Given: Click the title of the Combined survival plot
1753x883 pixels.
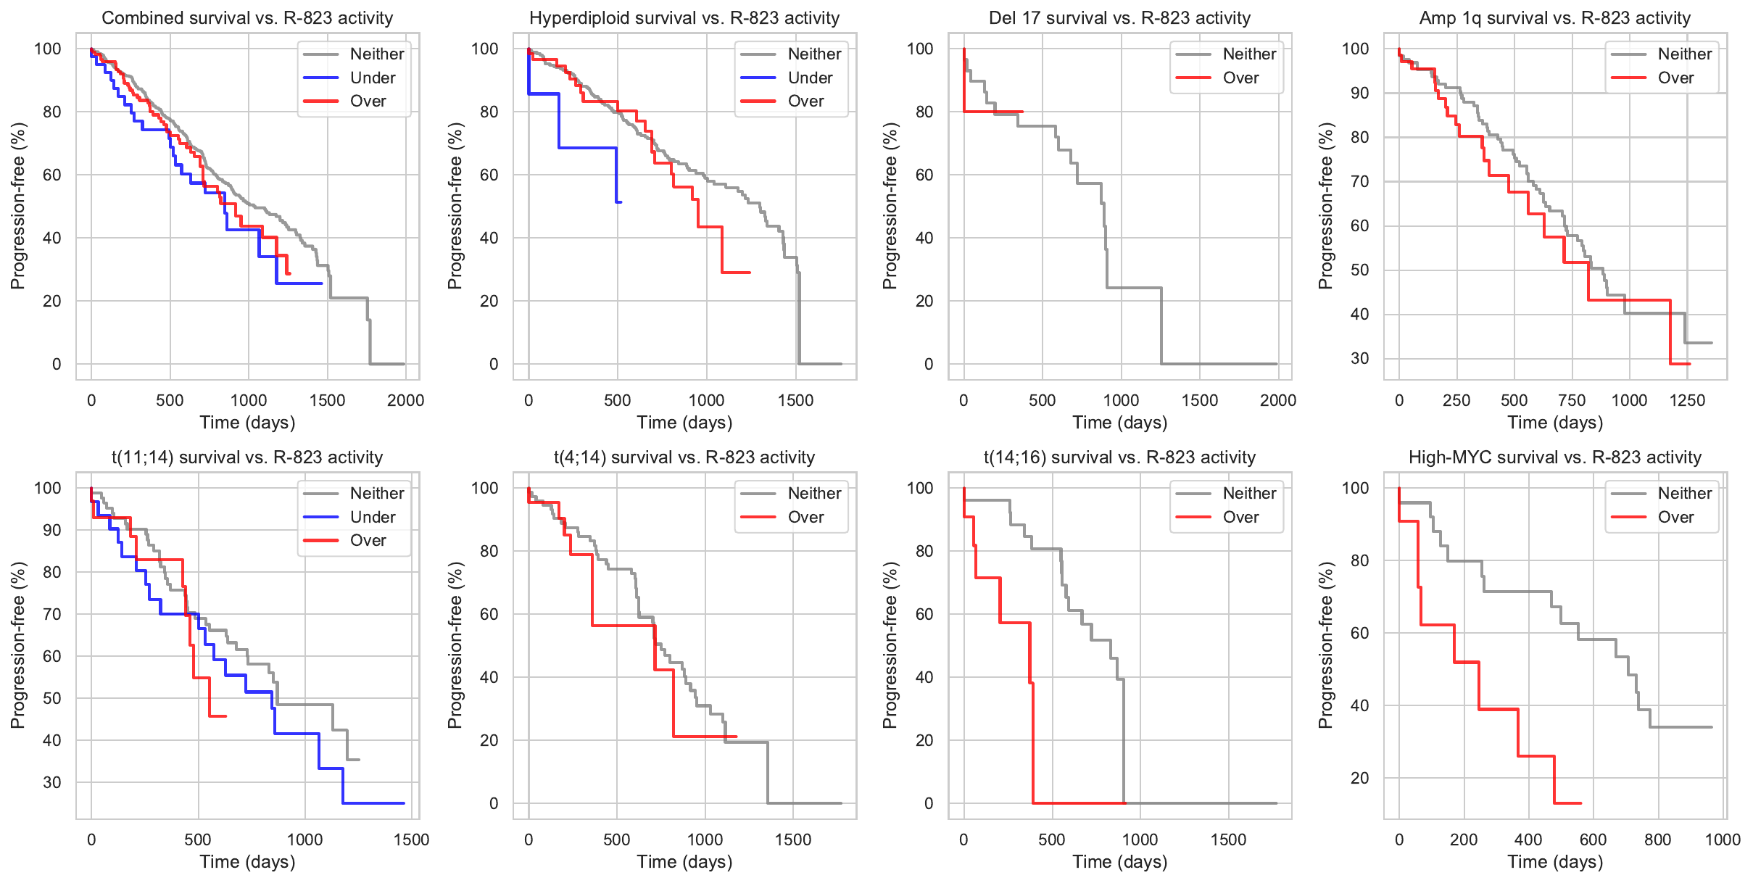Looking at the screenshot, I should (x=247, y=18).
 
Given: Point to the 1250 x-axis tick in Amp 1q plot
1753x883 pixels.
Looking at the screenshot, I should (x=1687, y=400).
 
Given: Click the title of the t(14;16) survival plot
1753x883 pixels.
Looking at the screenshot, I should (x=1119, y=457).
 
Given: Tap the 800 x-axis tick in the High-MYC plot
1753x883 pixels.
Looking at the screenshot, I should (x=1657, y=840).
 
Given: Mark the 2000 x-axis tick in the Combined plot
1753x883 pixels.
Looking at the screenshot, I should (x=405, y=400).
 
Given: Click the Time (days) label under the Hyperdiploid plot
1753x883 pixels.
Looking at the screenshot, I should (x=684, y=423).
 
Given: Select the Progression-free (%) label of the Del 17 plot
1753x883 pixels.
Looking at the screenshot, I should (x=890, y=206).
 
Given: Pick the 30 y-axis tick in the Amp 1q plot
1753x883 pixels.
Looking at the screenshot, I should (x=1359, y=359).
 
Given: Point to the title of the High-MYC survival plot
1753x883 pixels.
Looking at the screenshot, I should (x=1554, y=457).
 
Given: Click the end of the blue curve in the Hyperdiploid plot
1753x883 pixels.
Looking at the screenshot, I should (x=621, y=202).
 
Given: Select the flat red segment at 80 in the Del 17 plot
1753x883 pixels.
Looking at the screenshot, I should (x=993, y=112).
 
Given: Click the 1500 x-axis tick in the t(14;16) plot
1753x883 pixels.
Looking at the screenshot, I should (x=1228, y=840).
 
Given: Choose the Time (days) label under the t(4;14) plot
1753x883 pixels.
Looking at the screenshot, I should (x=684, y=862).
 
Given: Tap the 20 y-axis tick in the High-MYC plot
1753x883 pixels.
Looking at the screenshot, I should (x=1359, y=779).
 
